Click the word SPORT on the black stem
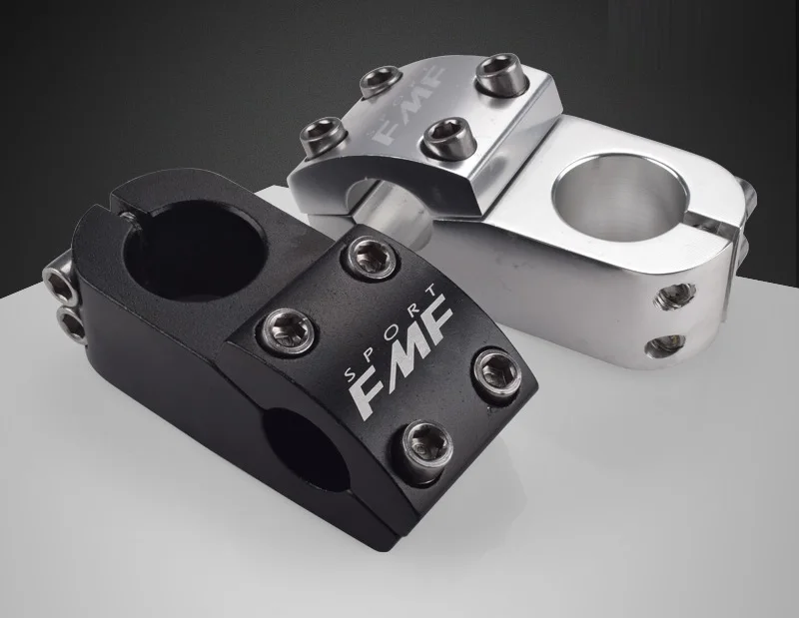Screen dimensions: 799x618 pyautogui.click(x=390, y=333)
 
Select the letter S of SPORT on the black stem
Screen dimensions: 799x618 pyautogui.click(x=351, y=376)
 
